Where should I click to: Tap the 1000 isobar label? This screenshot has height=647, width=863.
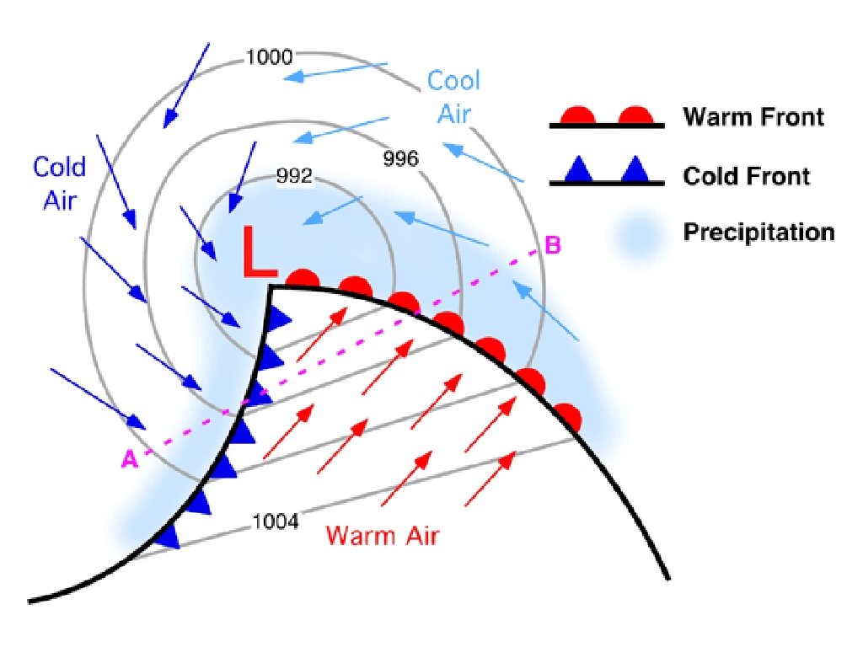point(269,57)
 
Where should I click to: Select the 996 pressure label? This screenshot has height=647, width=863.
point(400,158)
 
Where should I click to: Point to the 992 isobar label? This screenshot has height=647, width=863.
point(295,177)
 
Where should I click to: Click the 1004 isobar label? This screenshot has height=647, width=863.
point(276,522)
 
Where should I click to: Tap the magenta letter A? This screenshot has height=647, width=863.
point(130,459)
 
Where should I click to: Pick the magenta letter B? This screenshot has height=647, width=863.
point(553,245)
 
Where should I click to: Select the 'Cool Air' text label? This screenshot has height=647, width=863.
point(453,97)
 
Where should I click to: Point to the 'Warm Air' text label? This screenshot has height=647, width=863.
point(382,535)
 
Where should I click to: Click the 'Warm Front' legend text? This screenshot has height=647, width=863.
point(753,116)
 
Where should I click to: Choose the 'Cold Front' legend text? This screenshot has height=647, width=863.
point(747,176)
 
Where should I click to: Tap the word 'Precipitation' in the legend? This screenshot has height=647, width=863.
point(758,232)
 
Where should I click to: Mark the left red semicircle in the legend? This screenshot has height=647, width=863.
point(579,115)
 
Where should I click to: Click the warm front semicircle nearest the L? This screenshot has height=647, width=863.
point(303,279)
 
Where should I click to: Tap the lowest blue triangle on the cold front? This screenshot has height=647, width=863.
point(169,536)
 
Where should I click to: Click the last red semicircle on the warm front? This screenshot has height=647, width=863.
point(567,417)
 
